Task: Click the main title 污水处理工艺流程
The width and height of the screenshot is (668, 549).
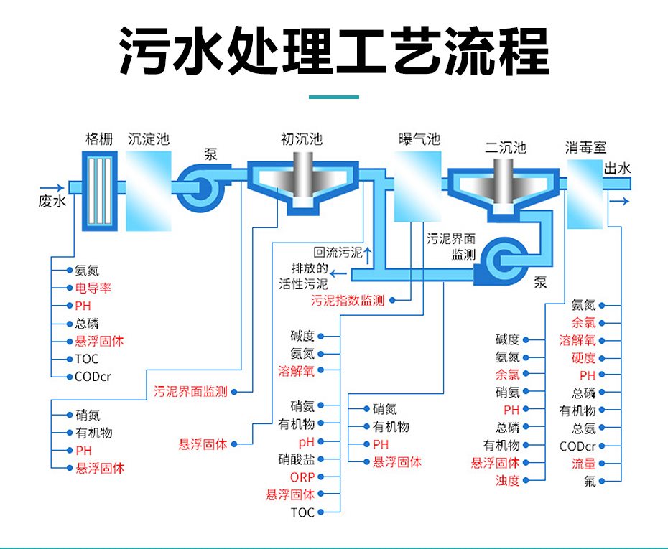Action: (333, 51)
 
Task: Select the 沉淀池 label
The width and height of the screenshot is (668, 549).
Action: (149, 139)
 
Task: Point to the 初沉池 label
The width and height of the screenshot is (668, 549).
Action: (301, 139)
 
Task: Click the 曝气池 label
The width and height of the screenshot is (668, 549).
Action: (419, 139)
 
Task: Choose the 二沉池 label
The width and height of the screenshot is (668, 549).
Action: (505, 148)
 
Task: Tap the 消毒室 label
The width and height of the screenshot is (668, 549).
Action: (585, 148)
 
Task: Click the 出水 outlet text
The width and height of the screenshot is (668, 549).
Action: (617, 169)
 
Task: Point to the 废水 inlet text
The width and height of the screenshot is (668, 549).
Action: (52, 202)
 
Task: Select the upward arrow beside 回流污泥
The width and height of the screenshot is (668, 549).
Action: (368, 253)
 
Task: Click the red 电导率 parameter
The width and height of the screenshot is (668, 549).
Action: (93, 288)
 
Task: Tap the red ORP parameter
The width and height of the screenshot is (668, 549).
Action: (302, 477)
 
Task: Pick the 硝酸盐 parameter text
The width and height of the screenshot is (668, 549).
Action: (296, 459)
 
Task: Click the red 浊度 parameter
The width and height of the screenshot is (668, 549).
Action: (507, 481)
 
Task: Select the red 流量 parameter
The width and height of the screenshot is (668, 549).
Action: (583, 464)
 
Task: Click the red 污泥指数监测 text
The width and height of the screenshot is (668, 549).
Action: (348, 300)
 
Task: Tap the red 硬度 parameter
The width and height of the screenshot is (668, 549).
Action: (583, 357)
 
